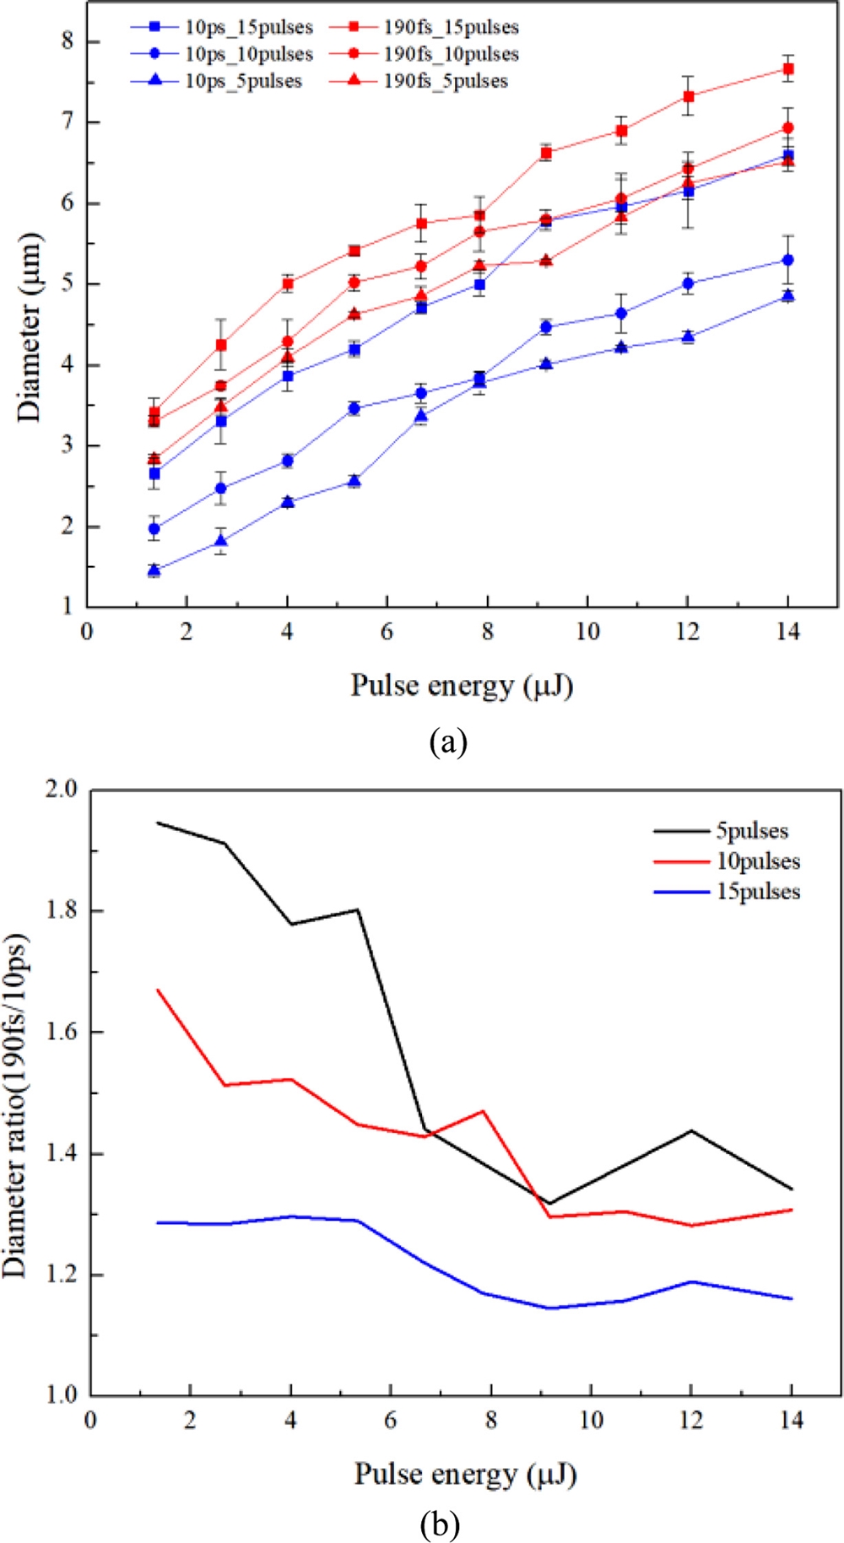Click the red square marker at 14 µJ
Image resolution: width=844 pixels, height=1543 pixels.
[x=787, y=69]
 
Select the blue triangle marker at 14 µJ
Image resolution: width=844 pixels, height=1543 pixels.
[x=787, y=295]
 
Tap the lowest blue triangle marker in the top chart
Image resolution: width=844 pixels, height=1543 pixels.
[x=154, y=570]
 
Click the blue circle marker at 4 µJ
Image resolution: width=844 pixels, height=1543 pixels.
[x=287, y=461]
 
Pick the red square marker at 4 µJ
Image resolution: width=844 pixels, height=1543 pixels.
[x=287, y=283]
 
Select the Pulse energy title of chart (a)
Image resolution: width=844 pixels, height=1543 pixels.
[x=462, y=685]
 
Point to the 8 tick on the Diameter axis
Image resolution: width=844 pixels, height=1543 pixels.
[x=68, y=40]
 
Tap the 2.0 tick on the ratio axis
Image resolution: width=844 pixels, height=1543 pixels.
[x=59, y=790]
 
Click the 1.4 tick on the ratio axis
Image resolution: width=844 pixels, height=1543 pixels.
[x=59, y=1153]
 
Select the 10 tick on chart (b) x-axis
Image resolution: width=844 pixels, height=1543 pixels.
[x=591, y=1420]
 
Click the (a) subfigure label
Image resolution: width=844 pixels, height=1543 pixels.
[x=448, y=742]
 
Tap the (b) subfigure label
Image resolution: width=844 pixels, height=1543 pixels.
[x=440, y=1524]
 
